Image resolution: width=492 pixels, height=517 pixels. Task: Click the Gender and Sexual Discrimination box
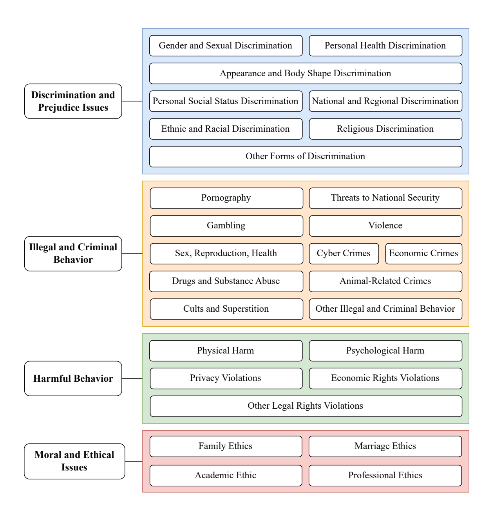[226, 46]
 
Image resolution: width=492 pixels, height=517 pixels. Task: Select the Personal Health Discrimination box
[385, 46]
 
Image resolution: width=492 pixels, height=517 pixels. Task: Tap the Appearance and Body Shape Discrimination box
[306, 74]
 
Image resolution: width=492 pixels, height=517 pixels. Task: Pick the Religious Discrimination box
[385, 129]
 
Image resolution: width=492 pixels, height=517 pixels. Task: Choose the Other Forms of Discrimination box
[306, 156]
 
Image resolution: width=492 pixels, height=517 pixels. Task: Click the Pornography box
[226, 198]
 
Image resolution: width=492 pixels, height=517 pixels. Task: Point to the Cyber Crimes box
[344, 253]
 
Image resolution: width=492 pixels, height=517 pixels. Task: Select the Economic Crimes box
[423, 253]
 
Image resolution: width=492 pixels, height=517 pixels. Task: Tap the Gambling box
[226, 226]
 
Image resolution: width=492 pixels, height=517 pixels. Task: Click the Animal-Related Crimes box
[385, 281]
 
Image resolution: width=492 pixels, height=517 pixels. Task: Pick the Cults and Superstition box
[226, 309]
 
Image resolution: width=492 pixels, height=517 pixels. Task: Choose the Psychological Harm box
[385, 351]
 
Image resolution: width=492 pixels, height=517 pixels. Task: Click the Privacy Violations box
[226, 378]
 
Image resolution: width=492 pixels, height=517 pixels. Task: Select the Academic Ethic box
[226, 476]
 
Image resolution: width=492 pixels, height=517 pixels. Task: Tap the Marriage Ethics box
[385, 446]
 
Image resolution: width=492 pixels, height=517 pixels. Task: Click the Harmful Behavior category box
[73, 379]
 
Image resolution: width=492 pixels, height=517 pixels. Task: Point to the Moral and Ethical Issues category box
[74, 461]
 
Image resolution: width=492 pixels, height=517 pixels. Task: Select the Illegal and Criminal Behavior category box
[73, 253]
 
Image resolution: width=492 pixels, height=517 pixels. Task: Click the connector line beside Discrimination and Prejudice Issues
[132, 101]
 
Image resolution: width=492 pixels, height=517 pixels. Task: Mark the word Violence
[385, 226]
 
